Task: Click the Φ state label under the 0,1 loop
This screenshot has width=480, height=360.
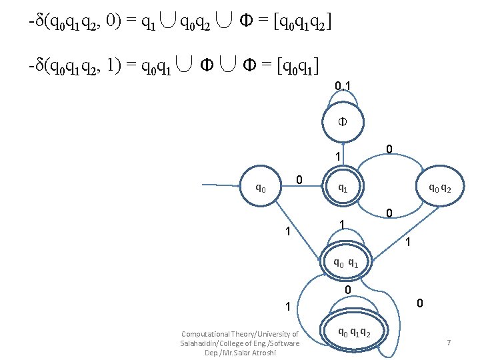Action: click(x=343, y=123)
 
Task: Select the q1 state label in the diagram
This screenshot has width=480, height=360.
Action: click(x=343, y=189)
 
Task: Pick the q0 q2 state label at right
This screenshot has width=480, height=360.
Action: click(x=440, y=189)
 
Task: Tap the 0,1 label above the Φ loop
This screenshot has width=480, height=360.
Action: click(x=343, y=85)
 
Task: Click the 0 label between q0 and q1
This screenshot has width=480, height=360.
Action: click(x=300, y=180)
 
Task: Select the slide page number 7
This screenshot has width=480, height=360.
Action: click(x=449, y=342)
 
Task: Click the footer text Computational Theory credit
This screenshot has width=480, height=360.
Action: click(x=239, y=343)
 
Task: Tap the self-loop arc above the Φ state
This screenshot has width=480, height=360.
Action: click(x=343, y=100)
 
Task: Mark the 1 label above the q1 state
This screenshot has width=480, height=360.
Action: click(x=339, y=157)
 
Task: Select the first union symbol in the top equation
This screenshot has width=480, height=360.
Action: click(x=167, y=24)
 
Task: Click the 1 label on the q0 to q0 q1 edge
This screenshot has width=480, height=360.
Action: click(x=287, y=232)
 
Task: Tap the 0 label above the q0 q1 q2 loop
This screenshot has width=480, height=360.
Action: click(x=347, y=290)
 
